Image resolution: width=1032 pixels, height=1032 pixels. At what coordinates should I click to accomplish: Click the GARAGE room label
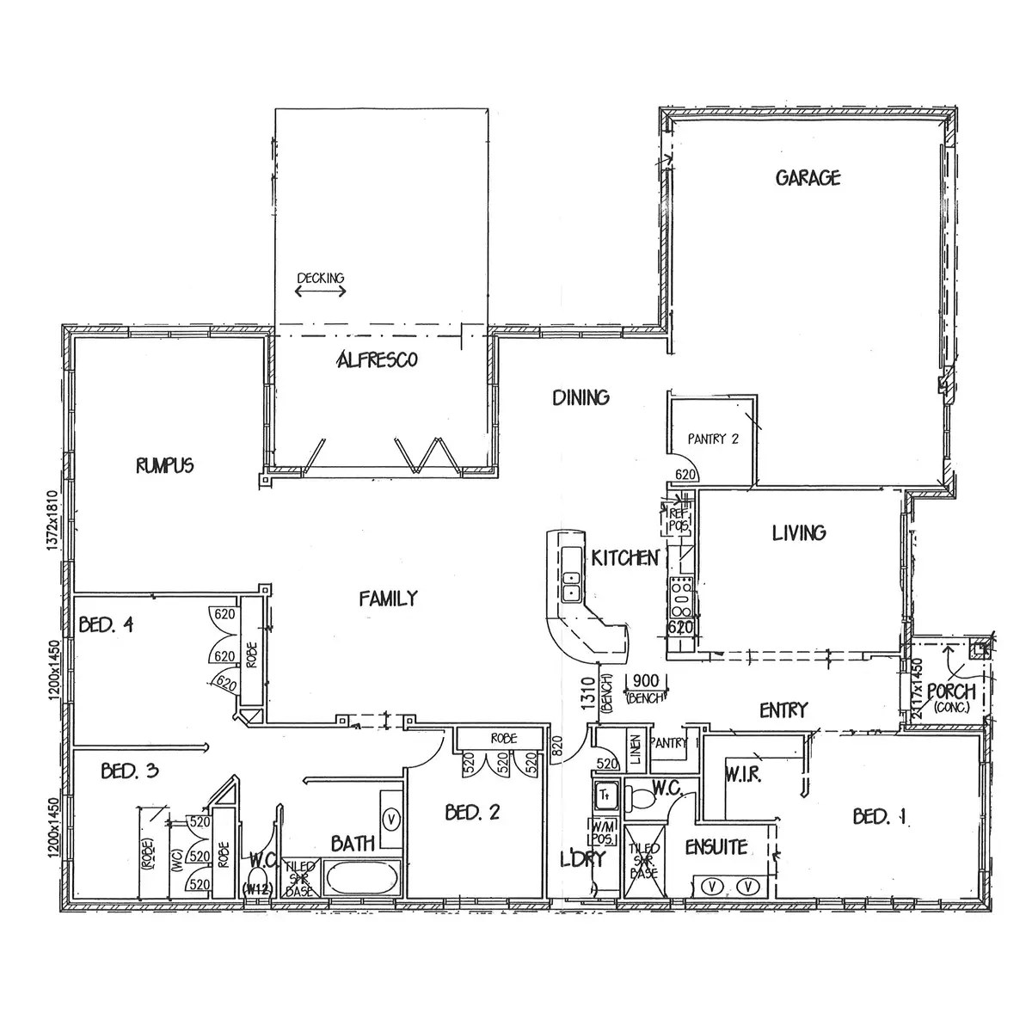[x=808, y=178]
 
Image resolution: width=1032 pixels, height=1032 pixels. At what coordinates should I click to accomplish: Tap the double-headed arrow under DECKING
[x=320, y=292]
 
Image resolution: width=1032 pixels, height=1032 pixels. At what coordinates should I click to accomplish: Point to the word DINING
[x=580, y=397]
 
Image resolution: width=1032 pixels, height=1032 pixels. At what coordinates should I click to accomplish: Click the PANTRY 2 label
[x=713, y=439]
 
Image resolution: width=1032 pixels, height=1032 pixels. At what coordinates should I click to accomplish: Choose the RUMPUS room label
[x=164, y=466]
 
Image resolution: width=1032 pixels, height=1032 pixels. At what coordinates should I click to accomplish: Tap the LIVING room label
[x=799, y=533]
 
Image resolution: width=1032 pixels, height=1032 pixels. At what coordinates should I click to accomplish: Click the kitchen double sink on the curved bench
[x=570, y=585]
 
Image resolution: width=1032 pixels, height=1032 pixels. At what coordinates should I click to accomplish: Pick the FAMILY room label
[x=389, y=599]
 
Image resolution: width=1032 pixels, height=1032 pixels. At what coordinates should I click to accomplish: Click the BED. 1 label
[x=881, y=816]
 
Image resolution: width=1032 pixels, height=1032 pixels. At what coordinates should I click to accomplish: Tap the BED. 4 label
[x=106, y=624]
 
